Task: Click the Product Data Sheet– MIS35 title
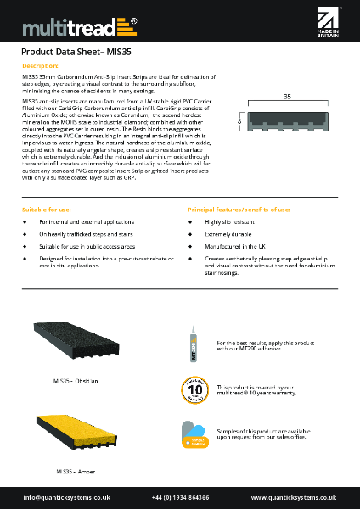[x=74, y=51]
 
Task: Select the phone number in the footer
[x=180, y=497]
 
